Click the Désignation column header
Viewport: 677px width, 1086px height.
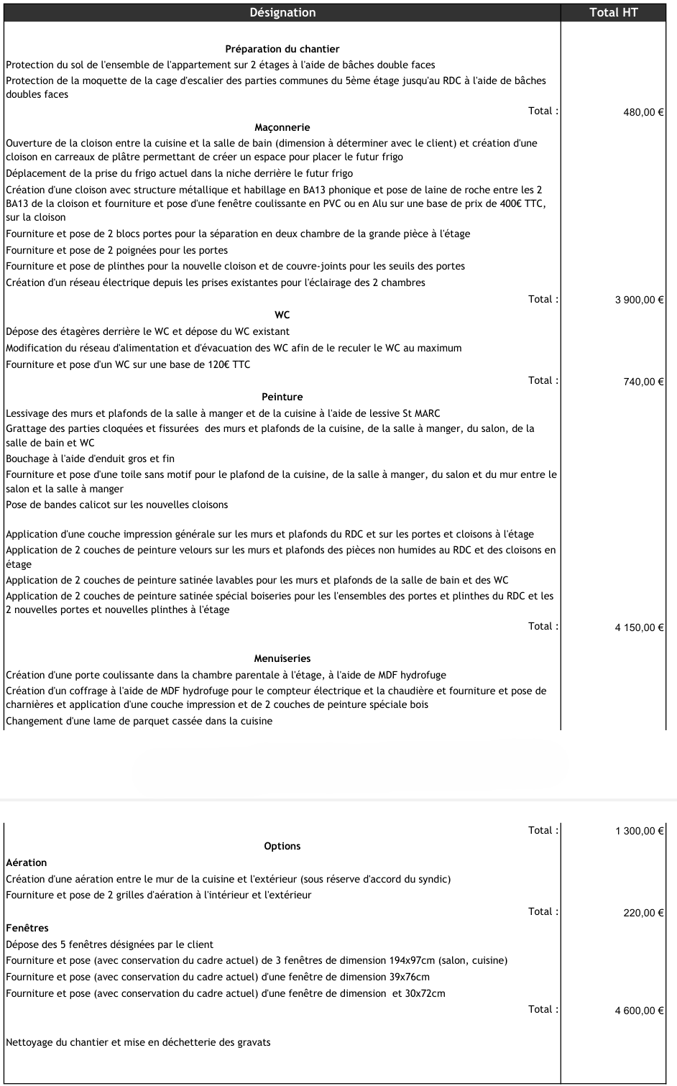pos(282,12)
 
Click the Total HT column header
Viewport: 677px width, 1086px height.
pos(613,12)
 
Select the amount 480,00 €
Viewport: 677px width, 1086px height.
pos(643,112)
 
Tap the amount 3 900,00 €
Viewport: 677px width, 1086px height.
pos(639,300)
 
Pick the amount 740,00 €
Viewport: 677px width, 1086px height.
pos(643,382)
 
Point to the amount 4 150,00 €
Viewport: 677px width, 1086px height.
pos(639,627)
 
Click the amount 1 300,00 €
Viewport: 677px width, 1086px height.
pos(639,832)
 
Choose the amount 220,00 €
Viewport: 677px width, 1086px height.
pos(643,913)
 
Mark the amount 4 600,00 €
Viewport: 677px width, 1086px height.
pos(639,1011)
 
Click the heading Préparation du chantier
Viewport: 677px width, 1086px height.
pos(282,49)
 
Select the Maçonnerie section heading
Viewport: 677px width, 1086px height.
pos(282,127)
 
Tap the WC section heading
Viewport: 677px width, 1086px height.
pos(282,315)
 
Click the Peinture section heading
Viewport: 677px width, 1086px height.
pos(282,397)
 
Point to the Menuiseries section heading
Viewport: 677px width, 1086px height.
pos(282,658)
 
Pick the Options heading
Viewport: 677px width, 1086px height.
pos(282,846)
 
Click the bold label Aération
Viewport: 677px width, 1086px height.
pos(27,862)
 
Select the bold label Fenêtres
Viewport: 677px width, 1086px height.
pos(27,928)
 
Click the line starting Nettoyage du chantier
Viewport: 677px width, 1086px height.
pos(138,1042)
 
